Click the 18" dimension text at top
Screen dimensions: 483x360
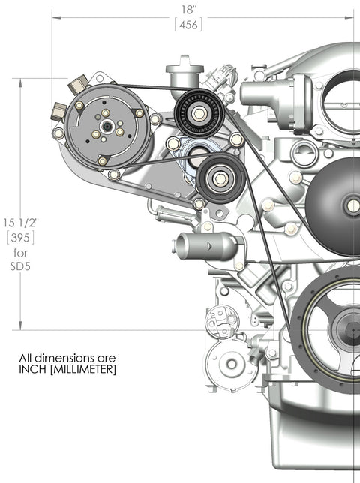click(x=189, y=10)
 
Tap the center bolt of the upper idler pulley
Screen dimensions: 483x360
click(x=199, y=114)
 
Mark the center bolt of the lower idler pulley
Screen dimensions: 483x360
click(x=219, y=178)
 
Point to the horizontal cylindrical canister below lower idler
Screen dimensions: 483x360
click(x=204, y=244)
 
